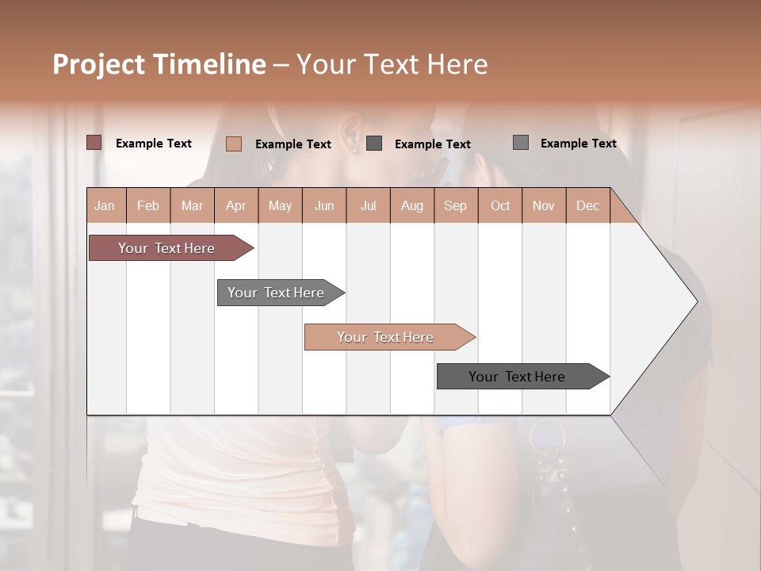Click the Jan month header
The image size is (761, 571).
pyautogui.click(x=105, y=205)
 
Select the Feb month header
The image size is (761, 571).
pyautogui.click(x=148, y=205)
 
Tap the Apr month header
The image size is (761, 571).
pyautogui.click(x=235, y=205)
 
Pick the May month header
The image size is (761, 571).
pyautogui.click(x=280, y=205)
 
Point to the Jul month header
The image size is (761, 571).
pyautogui.click(x=368, y=205)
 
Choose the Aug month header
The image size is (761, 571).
pyautogui.click(x=411, y=205)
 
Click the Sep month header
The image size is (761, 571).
pyautogui.click(x=455, y=205)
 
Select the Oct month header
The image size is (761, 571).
pyautogui.click(x=499, y=205)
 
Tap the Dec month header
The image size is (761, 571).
pyautogui.click(x=587, y=205)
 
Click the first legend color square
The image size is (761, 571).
pyautogui.click(x=94, y=143)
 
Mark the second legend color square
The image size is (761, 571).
pyautogui.click(x=233, y=144)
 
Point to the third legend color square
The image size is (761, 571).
pyautogui.click(x=374, y=144)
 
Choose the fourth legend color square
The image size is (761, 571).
pyautogui.click(x=520, y=143)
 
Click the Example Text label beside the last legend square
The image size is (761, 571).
pyautogui.click(x=578, y=143)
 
